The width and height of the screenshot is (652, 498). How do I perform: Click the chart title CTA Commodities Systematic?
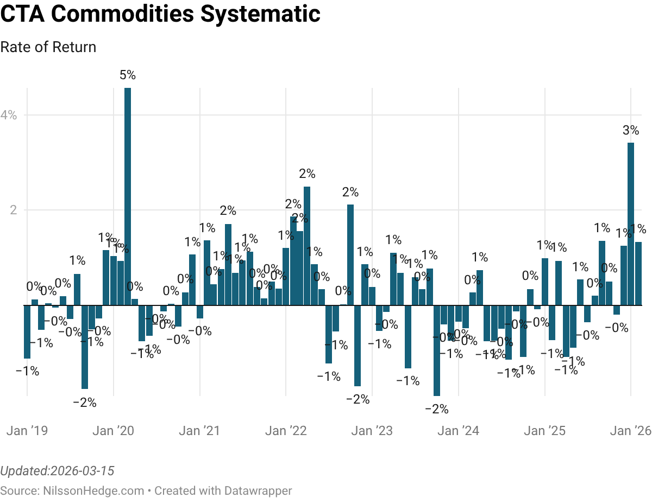point(160,14)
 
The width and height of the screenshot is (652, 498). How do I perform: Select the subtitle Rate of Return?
point(48,47)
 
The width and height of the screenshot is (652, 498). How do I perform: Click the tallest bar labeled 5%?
point(128,195)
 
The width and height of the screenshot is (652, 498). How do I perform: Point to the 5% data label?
point(128,75)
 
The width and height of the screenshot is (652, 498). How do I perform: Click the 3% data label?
point(631,130)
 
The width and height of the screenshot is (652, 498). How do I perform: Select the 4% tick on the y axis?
point(9,115)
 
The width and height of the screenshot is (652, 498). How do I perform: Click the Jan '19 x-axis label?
point(27,431)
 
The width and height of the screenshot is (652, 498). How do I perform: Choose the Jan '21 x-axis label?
point(199,431)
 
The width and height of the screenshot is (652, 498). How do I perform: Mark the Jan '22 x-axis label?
point(286,431)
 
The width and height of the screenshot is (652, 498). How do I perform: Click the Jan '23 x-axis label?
point(372,431)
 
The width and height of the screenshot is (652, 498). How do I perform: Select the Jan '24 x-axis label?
point(458,431)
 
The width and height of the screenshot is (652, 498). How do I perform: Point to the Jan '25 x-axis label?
point(544,431)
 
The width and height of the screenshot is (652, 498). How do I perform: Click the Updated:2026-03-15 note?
point(58,470)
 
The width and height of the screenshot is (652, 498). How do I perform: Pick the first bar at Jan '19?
point(27,331)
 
